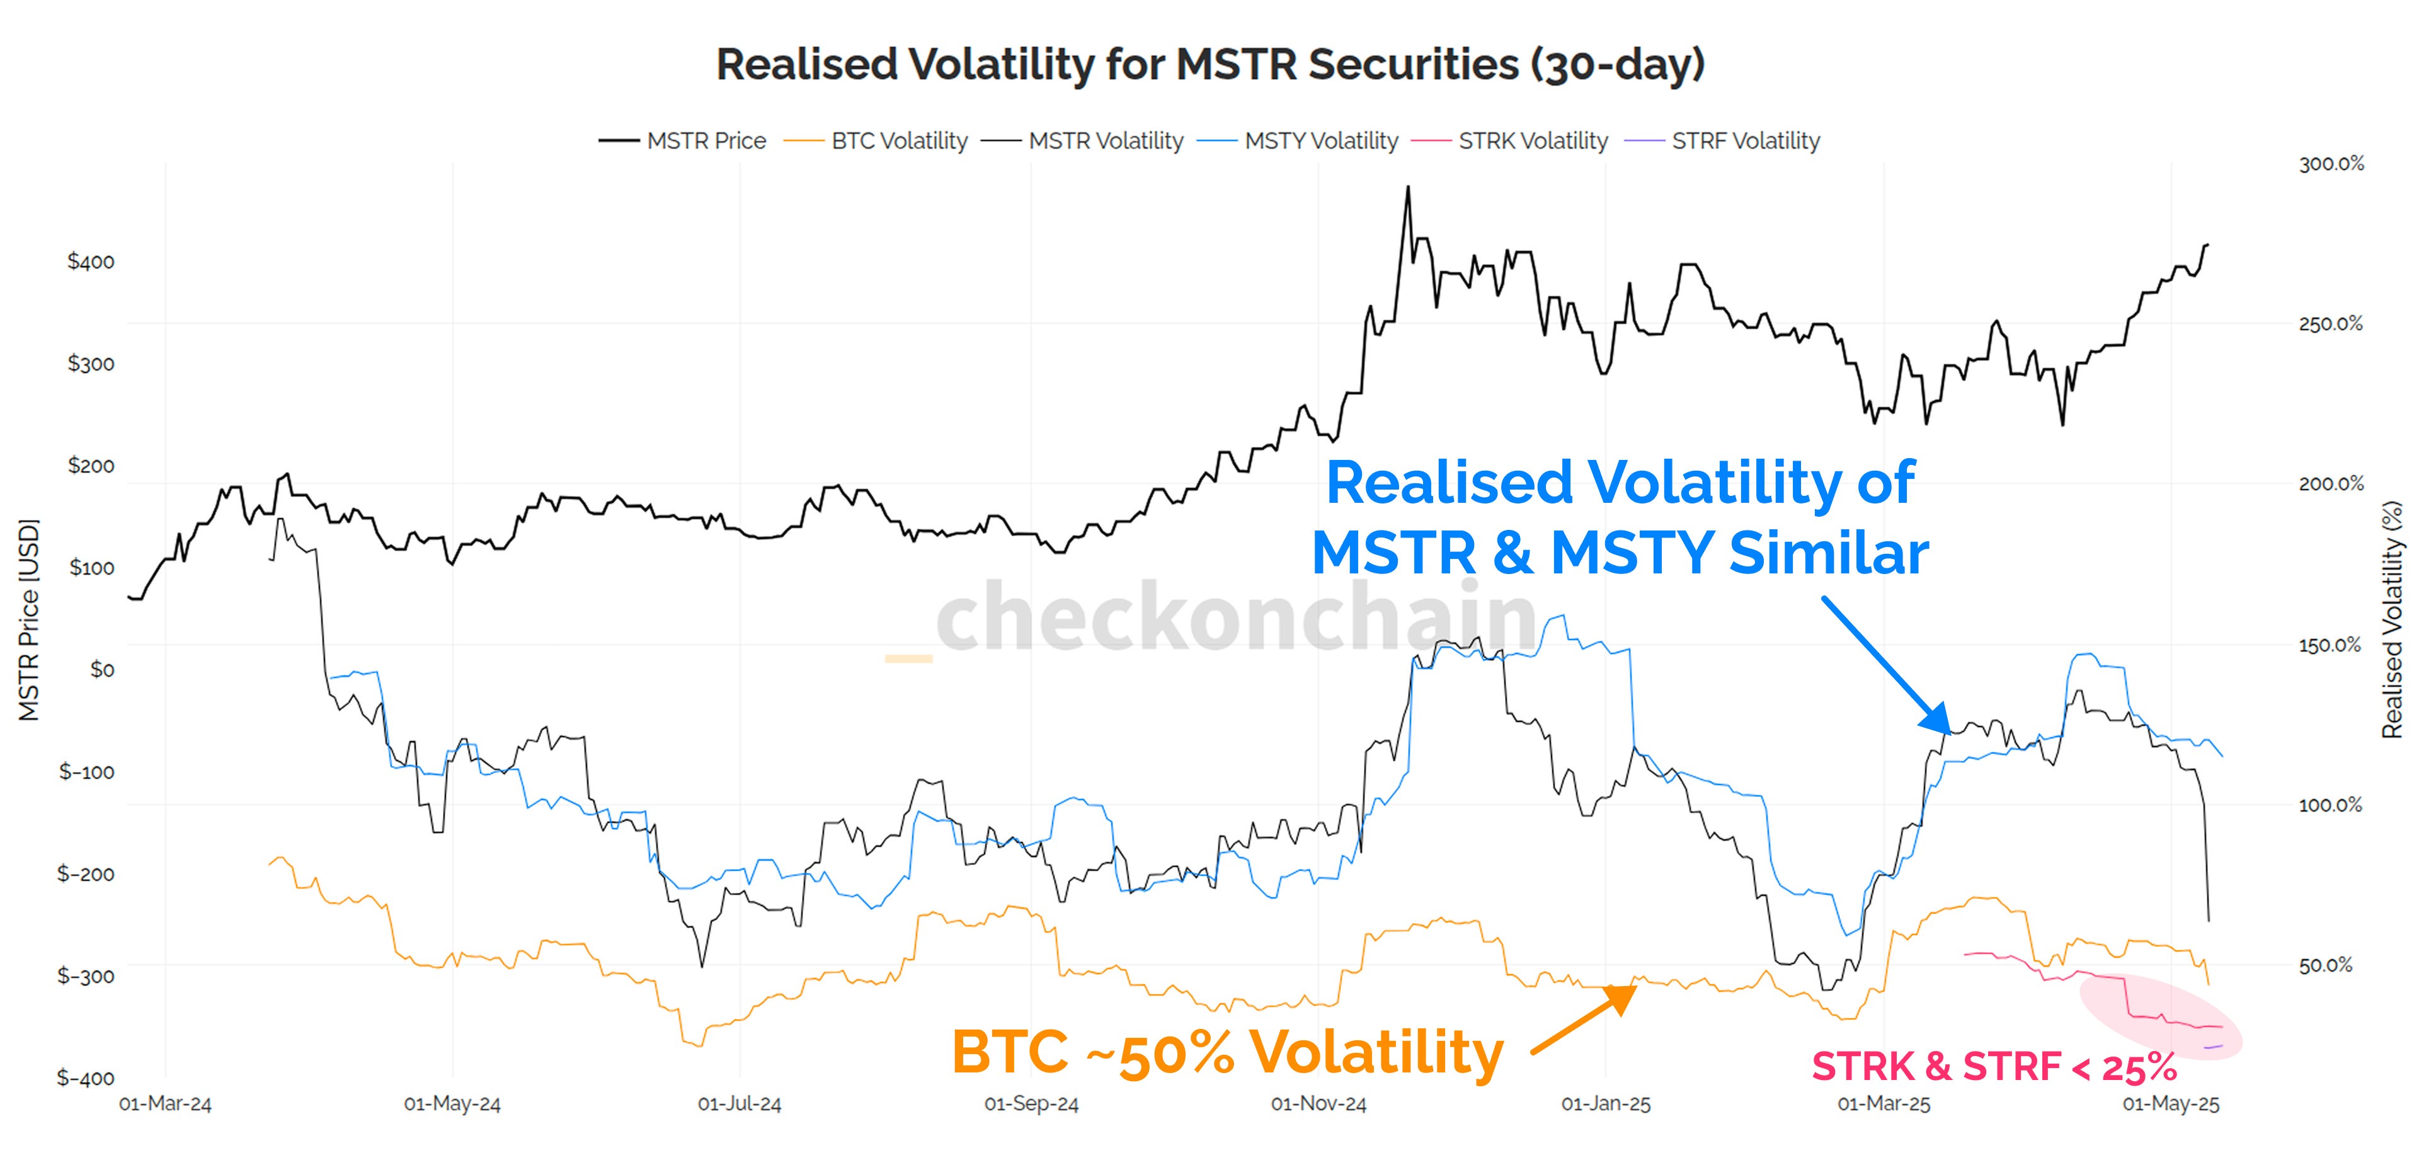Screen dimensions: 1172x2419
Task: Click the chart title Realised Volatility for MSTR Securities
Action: (x=1209, y=64)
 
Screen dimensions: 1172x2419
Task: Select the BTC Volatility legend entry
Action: (x=899, y=141)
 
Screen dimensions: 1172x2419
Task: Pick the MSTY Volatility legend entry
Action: (x=1320, y=141)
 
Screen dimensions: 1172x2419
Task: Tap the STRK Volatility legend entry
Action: (x=1533, y=141)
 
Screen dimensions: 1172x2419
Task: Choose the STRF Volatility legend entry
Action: (x=1745, y=141)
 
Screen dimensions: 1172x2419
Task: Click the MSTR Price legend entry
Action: (x=706, y=141)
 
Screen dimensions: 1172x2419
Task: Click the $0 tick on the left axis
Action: (x=101, y=670)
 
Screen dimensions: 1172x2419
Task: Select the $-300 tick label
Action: (x=86, y=976)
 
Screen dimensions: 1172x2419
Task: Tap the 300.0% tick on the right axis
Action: (x=2331, y=163)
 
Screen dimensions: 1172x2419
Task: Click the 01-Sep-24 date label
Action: (x=1031, y=1105)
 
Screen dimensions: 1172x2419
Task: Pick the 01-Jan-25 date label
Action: (x=1605, y=1105)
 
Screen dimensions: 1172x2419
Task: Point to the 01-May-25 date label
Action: (x=2170, y=1105)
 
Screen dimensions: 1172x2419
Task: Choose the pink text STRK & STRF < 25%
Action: (x=1994, y=1067)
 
